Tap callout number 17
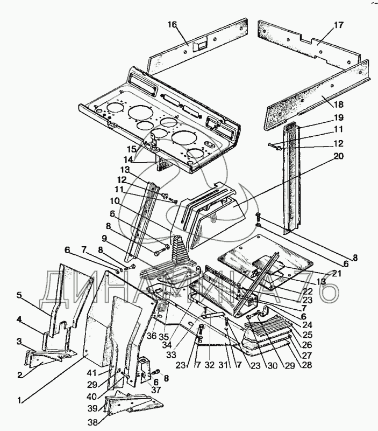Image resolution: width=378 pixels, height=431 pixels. [x=339, y=25]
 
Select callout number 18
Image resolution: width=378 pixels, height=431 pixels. [x=339, y=105]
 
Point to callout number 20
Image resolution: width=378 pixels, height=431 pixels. [x=339, y=156]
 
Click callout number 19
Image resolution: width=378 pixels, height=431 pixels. [x=339, y=117]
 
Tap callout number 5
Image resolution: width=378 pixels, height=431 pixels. [x=19, y=295]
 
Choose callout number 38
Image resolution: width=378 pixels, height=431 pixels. [x=92, y=422]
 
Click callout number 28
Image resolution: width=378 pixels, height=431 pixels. [x=306, y=365]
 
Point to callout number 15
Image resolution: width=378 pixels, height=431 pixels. [x=132, y=149]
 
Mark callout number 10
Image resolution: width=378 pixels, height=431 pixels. [x=115, y=201]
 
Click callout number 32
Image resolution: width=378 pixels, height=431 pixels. [x=210, y=365]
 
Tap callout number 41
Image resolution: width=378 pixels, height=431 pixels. [x=91, y=373]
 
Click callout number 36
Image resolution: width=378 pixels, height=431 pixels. [x=152, y=336]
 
